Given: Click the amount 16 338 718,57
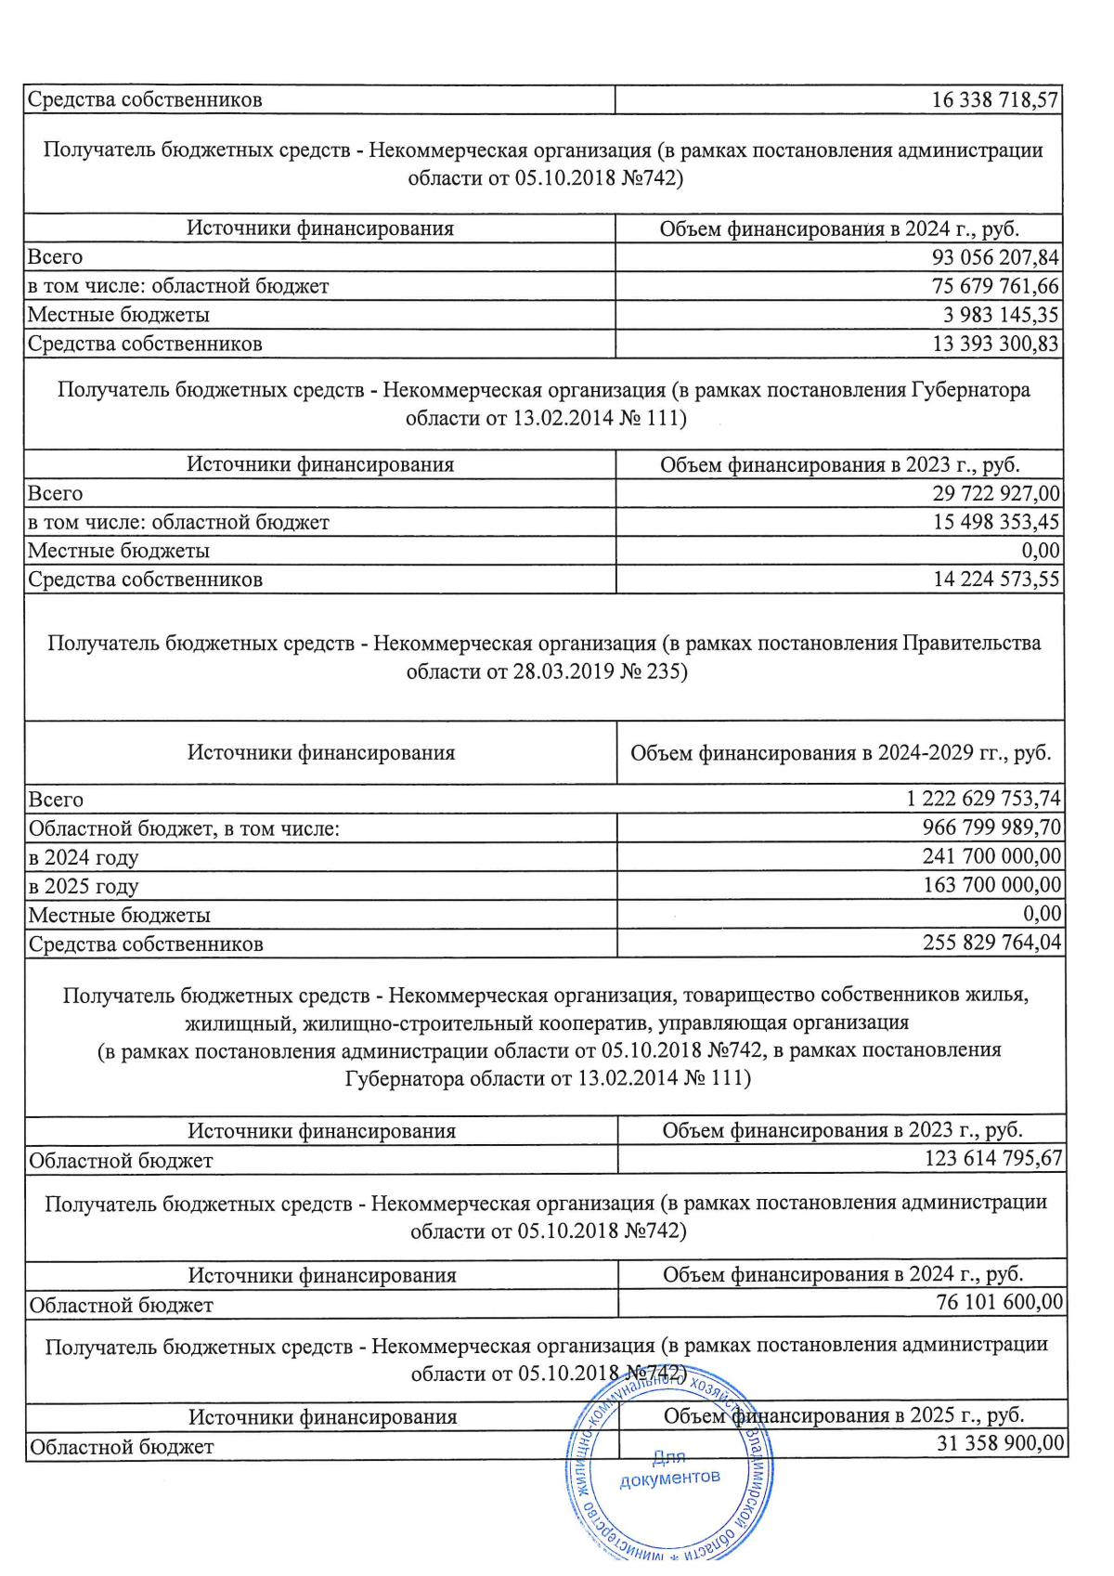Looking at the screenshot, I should pos(994,100).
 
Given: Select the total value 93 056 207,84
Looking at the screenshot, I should pos(994,257).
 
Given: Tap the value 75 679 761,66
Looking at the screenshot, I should pos(994,286).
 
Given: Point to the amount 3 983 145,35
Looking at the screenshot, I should pos(1001,315).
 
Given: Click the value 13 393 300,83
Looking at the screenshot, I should pos(994,344).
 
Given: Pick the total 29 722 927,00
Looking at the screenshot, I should pos(995,493).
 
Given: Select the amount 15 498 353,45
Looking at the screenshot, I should pos(995,522).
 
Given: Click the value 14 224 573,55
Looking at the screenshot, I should pos(995,580).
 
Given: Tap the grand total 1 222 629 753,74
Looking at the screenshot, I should pos(983,799).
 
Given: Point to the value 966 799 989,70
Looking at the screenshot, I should pos(991,827).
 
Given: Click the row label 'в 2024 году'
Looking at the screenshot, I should pos(84,857).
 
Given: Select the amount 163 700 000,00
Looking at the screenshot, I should pos(991,885).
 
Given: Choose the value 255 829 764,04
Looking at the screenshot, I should pos(991,944).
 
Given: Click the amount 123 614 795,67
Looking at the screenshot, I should pos(992,1159).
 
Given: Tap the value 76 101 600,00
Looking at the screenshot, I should pos(999,1303).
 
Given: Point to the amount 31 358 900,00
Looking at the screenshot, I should pos(1000,1443).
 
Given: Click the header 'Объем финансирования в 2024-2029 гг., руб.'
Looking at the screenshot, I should pos(840,753).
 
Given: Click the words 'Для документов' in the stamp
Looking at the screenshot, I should pos(669,1468).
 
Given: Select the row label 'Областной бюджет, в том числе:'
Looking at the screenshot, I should pos(184,828).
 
